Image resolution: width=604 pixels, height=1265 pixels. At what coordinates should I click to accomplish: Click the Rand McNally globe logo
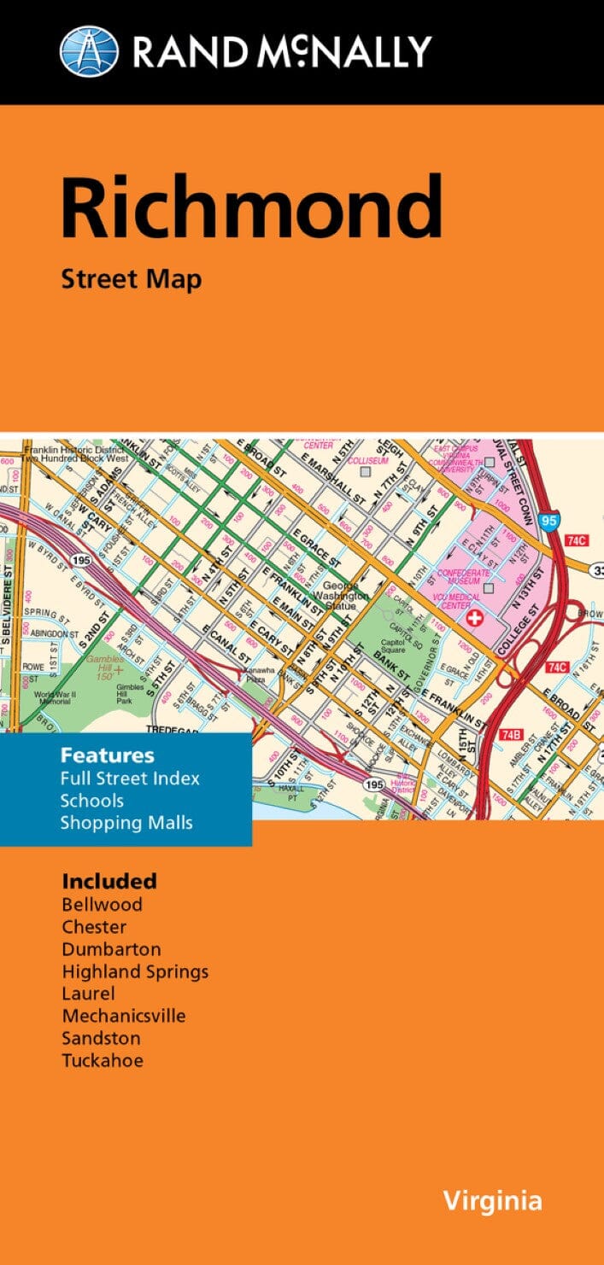(89, 50)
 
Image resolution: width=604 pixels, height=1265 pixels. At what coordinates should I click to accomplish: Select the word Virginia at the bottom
(491, 1201)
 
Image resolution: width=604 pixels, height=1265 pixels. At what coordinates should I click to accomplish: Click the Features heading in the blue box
(107, 755)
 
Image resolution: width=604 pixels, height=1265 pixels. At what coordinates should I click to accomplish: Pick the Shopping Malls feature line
(126, 823)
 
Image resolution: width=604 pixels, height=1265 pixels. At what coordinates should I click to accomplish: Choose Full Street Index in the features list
(130, 778)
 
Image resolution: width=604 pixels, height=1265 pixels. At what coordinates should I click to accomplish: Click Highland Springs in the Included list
(134, 971)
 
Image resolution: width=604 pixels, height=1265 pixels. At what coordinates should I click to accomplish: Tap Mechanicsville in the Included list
(123, 1016)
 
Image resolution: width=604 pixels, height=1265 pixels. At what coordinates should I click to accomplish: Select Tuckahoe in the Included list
(102, 1061)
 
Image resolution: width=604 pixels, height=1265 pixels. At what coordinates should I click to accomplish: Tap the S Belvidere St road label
(9, 614)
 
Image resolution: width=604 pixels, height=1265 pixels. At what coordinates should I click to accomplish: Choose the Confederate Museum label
(463, 578)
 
